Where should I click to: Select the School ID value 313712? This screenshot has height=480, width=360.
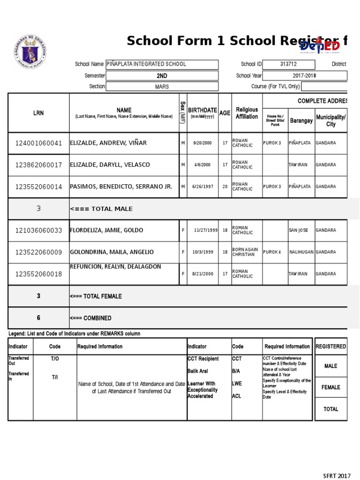click(288, 64)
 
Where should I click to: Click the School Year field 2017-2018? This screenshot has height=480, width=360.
click(305, 75)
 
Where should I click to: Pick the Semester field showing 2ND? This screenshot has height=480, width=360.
click(162, 75)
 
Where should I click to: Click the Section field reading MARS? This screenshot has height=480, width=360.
click(162, 87)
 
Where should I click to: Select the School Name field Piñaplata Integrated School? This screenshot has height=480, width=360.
click(162, 64)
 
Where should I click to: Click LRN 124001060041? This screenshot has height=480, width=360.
click(38, 143)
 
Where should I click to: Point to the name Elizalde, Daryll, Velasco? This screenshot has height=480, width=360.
click(110, 165)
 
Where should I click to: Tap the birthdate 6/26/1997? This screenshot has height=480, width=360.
click(202, 187)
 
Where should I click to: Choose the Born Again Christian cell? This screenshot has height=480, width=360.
click(245, 252)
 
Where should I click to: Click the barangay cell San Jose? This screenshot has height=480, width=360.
click(299, 231)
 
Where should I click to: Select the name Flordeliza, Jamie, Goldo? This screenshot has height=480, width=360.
click(106, 230)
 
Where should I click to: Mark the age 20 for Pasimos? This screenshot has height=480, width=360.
click(225, 187)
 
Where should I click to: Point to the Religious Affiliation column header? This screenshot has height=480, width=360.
click(247, 113)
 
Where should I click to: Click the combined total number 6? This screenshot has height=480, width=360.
click(38, 318)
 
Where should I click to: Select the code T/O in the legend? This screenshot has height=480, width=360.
click(55, 359)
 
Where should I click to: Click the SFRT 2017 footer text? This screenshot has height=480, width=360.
click(337, 475)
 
